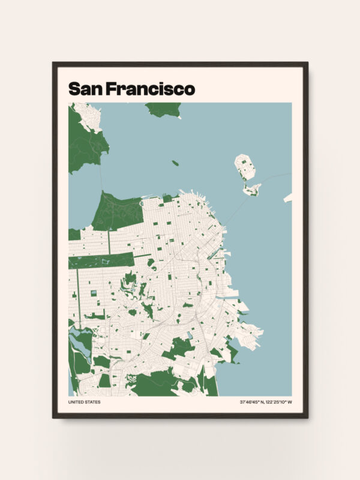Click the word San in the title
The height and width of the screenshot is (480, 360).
[x=85, y=89]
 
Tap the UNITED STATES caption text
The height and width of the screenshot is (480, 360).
[x=85, y=402]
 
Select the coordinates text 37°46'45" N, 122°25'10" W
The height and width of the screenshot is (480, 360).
[x=265, y=402]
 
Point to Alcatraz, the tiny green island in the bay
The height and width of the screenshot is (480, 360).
[x=175, y=163]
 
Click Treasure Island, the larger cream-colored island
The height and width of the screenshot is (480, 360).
[x=245, y=166]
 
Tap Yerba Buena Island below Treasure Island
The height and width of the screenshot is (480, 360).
[x=251, y=190]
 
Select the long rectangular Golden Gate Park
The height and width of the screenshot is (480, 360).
[x=99, y=261]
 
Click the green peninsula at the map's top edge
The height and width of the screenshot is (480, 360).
[x=163, y=109]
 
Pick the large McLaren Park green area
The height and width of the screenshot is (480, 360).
[x=178, y=347]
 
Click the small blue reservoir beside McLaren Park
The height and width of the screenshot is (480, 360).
[x=190, y=335]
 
